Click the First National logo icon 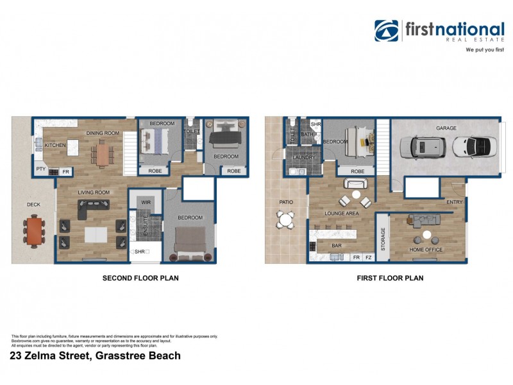point(387,31)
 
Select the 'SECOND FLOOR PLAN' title point(140,278)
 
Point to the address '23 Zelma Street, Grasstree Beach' point(96,355)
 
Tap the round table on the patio point(285,220)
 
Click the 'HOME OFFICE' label point(426,250)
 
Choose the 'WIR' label point(146,202)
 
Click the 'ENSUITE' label point(146,227)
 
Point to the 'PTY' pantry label point(40,170)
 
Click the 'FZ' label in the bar point(368,257)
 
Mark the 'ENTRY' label point(455,201)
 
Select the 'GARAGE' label point(446,128)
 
